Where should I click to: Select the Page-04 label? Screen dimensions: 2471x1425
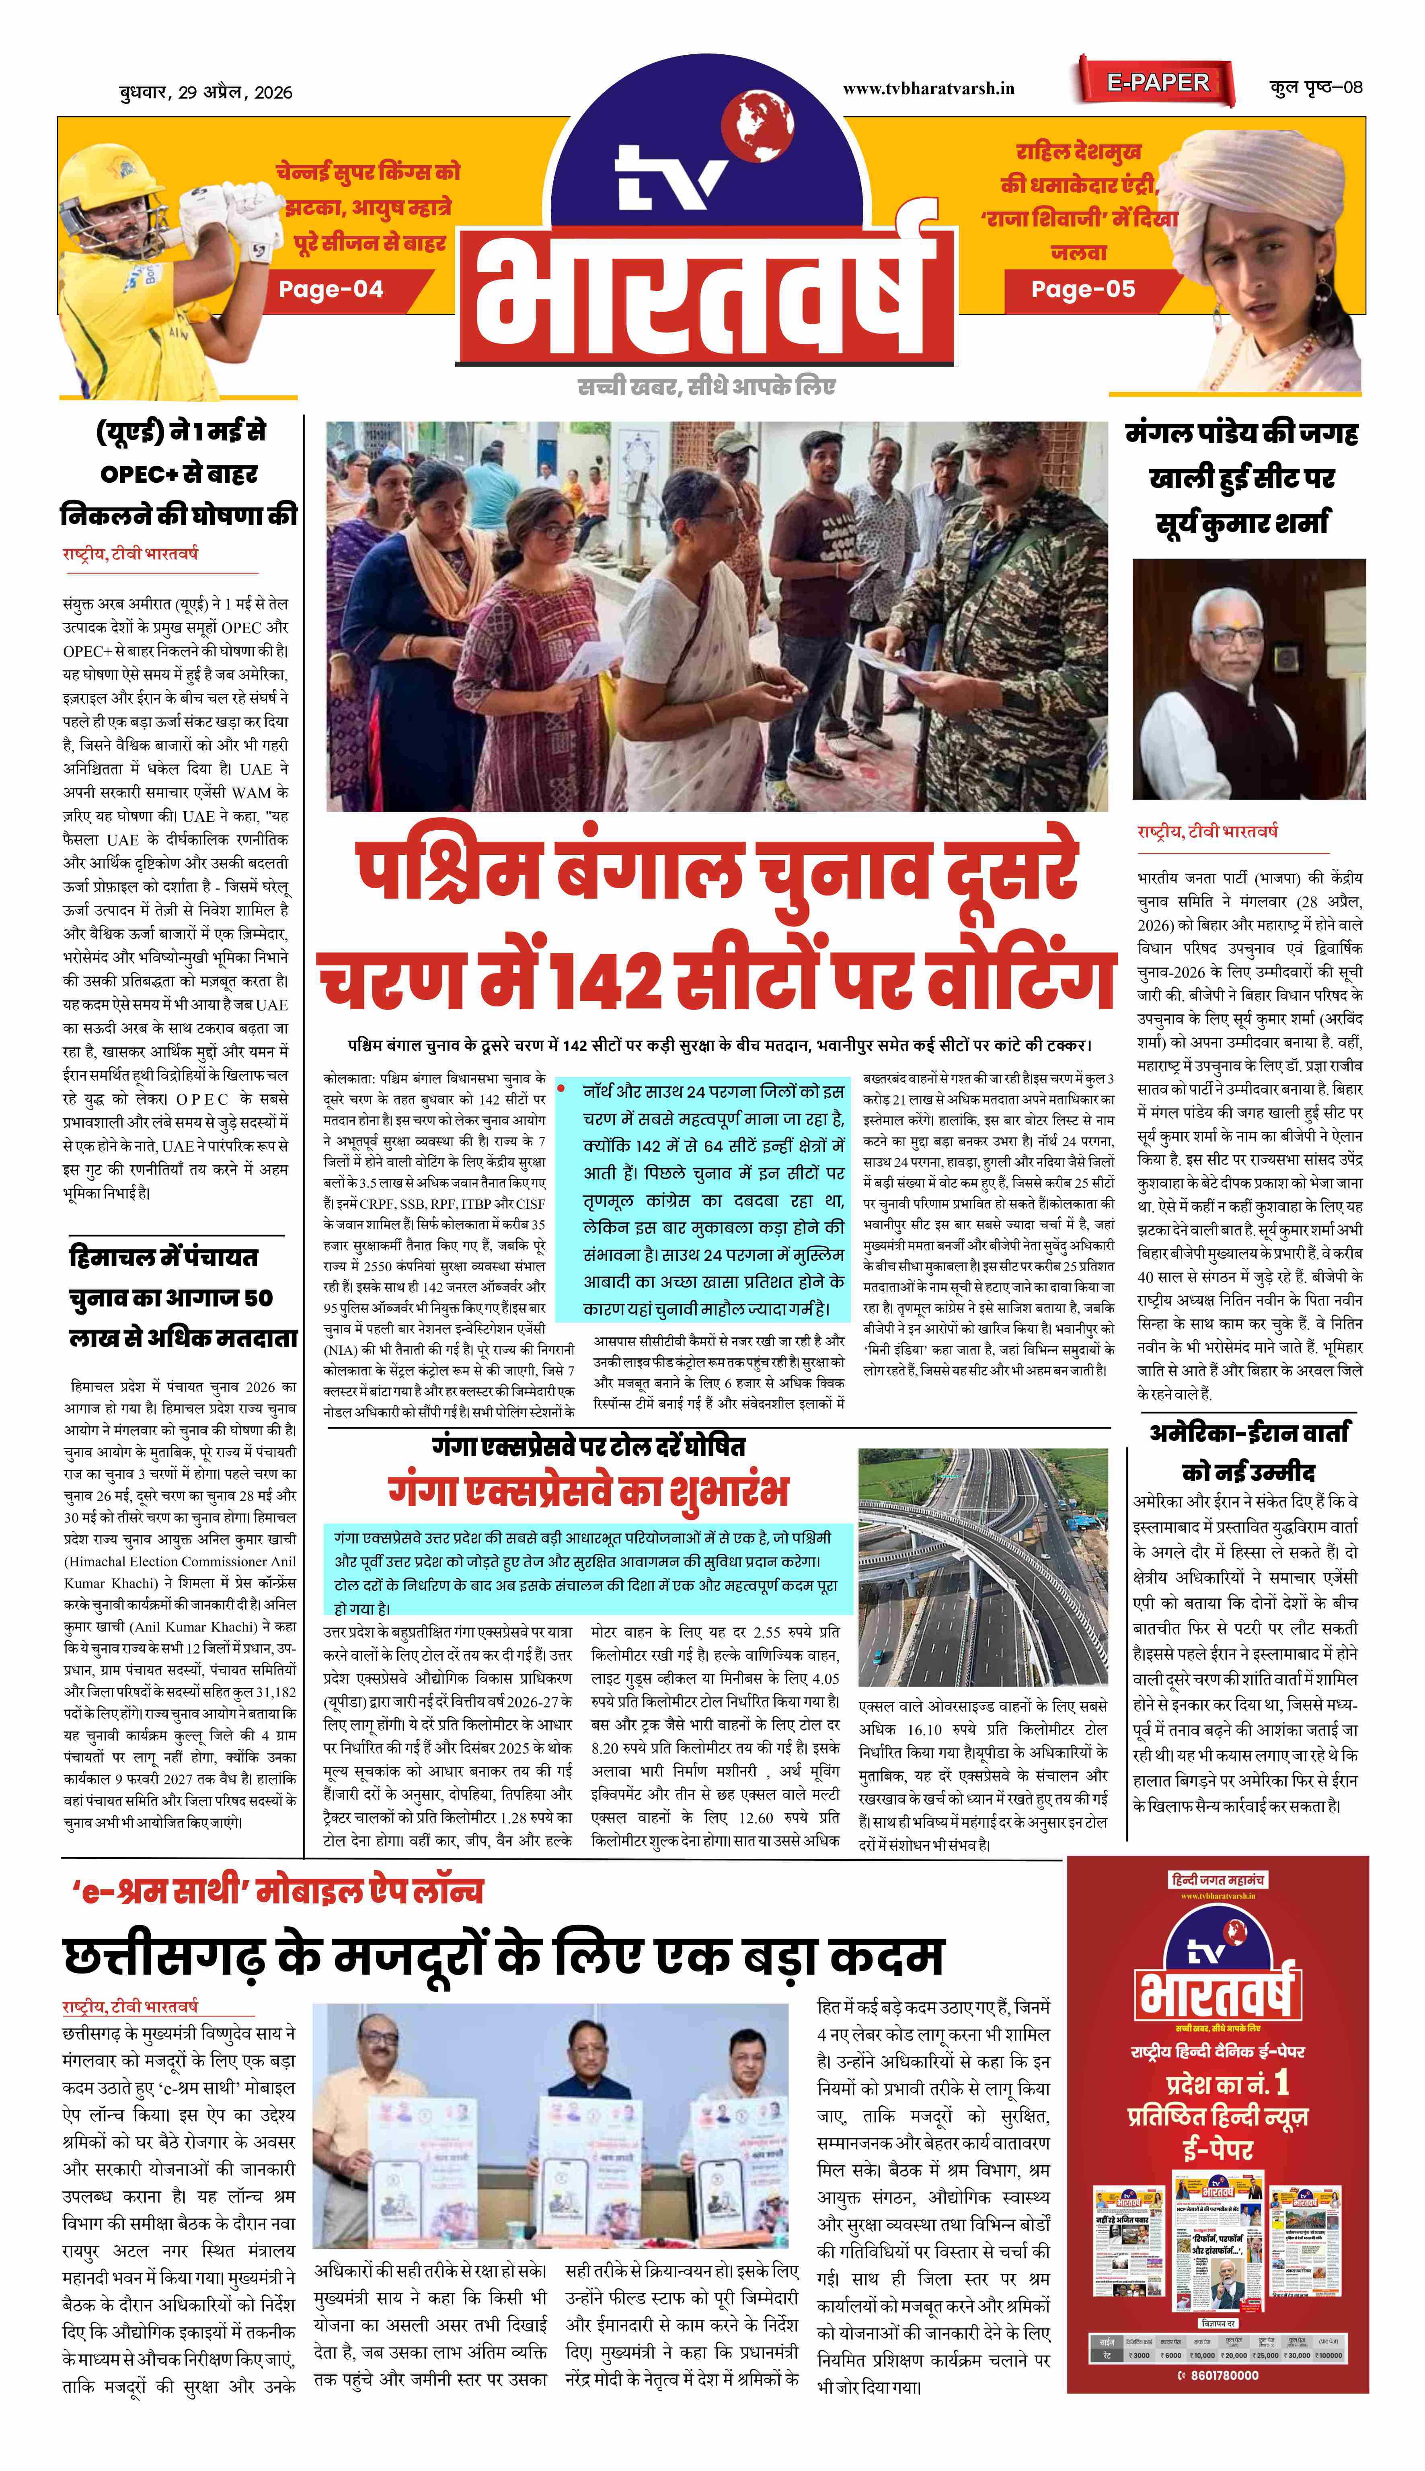[331, 290]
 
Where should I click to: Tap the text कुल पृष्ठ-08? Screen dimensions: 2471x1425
[1315, 87]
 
